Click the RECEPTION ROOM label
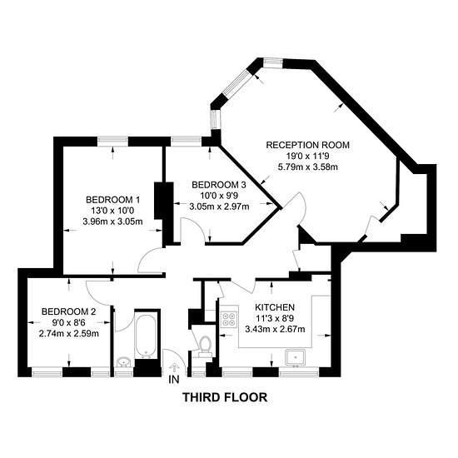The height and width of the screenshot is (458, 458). coord(307,145)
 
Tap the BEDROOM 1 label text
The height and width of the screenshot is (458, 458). coord(112,200)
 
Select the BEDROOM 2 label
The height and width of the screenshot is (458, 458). coord(68,311)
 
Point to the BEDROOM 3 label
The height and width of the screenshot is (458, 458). coord(219,185)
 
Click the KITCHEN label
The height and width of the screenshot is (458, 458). coord(275,307)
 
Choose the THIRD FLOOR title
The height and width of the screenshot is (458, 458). coord(225,397)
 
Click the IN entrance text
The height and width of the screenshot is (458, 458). coord(174,380)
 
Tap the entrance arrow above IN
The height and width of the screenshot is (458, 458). coord(174,368)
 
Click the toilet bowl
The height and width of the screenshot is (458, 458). coord(205,343)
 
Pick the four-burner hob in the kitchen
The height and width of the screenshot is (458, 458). coord(229,319)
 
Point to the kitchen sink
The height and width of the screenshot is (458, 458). coord(296,357)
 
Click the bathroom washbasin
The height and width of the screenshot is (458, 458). coord(124,362)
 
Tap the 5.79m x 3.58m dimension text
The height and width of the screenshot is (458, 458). coord(308,167)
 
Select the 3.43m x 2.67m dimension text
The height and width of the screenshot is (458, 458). coord(275,329)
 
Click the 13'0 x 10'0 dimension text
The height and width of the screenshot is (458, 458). coord(112,211)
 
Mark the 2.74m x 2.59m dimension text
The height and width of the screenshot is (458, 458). coord(68,333)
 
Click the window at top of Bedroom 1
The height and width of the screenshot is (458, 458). coord(113,142)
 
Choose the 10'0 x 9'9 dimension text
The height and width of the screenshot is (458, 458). coord(219,196)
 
